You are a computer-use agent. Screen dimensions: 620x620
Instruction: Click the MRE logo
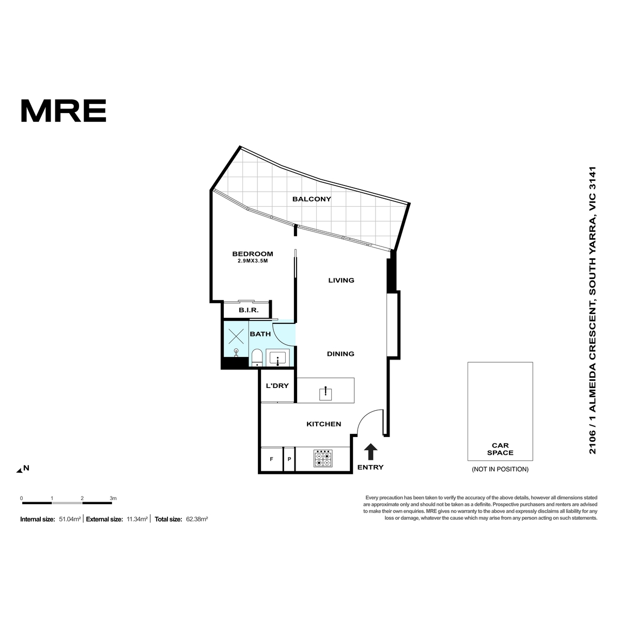(x=64, y=111)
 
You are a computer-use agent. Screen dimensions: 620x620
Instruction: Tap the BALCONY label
(x=312, y=199)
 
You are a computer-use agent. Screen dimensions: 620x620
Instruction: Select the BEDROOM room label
(x=253, y=254)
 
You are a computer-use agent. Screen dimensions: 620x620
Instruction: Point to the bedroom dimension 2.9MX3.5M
(x=253, y=261)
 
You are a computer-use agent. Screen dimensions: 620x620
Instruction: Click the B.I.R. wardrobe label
(x=249, y=310)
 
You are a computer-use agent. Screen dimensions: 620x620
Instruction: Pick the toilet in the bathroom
(x=257, y=358)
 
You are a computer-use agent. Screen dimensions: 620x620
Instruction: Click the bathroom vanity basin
(x=277, y=359)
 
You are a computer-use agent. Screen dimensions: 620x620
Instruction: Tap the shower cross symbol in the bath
(x=236, y=336)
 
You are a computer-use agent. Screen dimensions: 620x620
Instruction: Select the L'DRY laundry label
(x=277, y=385)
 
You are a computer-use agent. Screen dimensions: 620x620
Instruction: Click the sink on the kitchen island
(x=326, y=394)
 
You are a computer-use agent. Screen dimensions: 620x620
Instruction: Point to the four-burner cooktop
(x=323, y=458)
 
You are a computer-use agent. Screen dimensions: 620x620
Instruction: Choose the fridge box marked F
(x=272, y=459)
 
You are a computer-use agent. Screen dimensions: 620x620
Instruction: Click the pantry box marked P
(x=289, y=459)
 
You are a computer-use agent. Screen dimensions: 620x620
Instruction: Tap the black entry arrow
(x=370, y=452)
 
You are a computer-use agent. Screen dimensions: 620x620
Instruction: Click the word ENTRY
(x=370, y=467)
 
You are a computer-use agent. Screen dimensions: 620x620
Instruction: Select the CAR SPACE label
(x=500, y=449)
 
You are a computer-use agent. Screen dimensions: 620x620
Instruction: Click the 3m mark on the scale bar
(x=113, y=499)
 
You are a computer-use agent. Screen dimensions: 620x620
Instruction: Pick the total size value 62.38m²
(x=197, y=519)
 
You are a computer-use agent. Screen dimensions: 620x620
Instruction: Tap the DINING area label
(x=340, y=354)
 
